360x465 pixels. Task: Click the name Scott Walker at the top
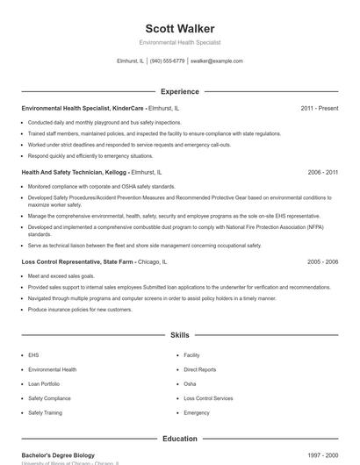click(179, 27)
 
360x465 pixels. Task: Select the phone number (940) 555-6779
click(167, 61)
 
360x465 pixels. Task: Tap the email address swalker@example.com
click(216, 61)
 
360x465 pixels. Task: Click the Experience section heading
click(179, 91)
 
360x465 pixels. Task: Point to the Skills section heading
click(179, 335)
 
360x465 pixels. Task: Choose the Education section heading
click(179, 439)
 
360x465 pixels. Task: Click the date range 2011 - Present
click(319, 108)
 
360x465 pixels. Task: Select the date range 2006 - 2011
click(322, 173)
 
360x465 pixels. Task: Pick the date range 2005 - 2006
click(322, 261)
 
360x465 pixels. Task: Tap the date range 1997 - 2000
click(322, 454)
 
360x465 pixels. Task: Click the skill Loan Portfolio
click(44, 383)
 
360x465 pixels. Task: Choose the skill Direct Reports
click(199, 369)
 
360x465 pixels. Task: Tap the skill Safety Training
click(45, 412)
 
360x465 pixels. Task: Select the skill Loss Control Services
click(208, 398)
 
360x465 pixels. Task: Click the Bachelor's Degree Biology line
click(58, 454)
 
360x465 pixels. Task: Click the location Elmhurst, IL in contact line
click(130, 61)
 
